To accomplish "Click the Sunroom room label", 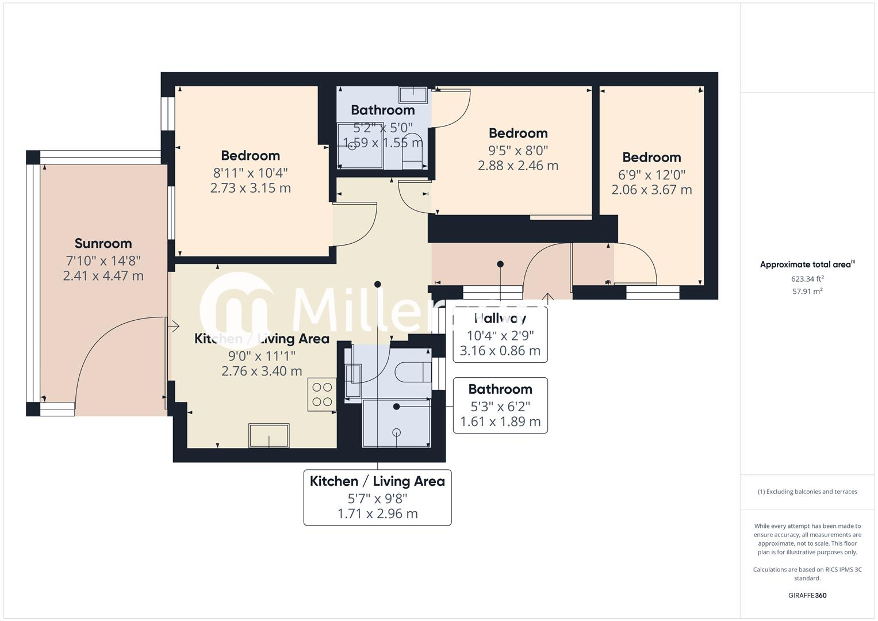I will coord(103,243).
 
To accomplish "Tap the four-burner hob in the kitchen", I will coord(322,394).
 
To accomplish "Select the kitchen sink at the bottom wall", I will coord(269,435).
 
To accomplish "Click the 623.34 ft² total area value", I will coord(807,279).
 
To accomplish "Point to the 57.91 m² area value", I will coord(807,292).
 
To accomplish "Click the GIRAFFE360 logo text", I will coord(807,595).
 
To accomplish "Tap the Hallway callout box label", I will coord(500,318).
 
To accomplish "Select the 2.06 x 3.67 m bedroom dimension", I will coord(651,190).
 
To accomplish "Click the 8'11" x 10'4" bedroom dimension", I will coord(250,172).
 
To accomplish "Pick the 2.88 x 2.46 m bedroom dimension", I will coord(517,166).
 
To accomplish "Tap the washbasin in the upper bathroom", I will coord(413,95).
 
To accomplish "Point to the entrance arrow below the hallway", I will coord(547,298).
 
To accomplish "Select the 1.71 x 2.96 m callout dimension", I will coord(377,513).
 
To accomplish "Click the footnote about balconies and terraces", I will coord(807,492).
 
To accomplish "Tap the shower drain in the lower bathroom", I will coord(396,432).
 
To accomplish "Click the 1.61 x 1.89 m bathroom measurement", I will coord(500,422).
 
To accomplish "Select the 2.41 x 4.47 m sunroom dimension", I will coord(103,276).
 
